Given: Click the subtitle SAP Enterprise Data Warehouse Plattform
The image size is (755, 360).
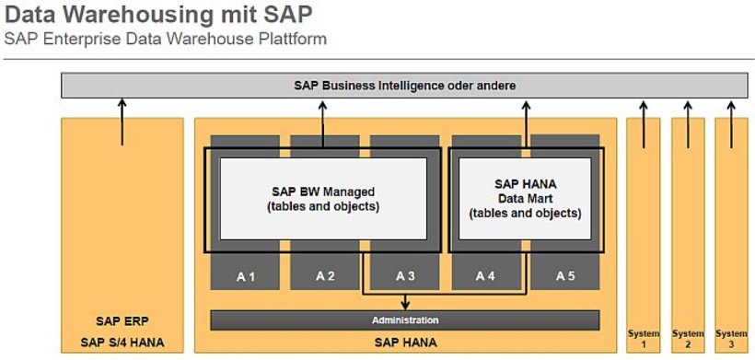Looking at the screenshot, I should [165, 40].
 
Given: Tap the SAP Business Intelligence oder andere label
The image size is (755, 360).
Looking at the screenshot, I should [405, 86].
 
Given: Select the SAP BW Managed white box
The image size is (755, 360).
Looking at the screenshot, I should [324, 199].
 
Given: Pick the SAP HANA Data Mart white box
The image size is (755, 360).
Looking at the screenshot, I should [525, 198].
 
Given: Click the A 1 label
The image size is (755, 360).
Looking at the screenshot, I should [245, 275].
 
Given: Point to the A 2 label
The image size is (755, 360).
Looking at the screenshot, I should [325, 275].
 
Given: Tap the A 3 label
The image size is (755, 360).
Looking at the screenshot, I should [405, 275].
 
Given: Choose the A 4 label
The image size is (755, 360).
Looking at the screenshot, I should [486, 275].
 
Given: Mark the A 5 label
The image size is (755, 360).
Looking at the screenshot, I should [565, 275].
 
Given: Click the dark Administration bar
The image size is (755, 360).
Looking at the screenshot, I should [405, 319].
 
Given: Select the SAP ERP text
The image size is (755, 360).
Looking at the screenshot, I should [122, 321].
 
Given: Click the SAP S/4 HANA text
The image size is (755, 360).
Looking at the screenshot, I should [122, 343].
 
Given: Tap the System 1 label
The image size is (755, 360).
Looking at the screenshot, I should [644, 339].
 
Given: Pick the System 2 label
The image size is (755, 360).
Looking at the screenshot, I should [688, 339].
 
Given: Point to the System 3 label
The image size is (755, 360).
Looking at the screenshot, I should [732, 339].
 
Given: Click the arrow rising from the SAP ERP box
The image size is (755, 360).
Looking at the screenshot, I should [122, 122].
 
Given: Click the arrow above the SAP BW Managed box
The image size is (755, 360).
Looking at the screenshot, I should [324, 120].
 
